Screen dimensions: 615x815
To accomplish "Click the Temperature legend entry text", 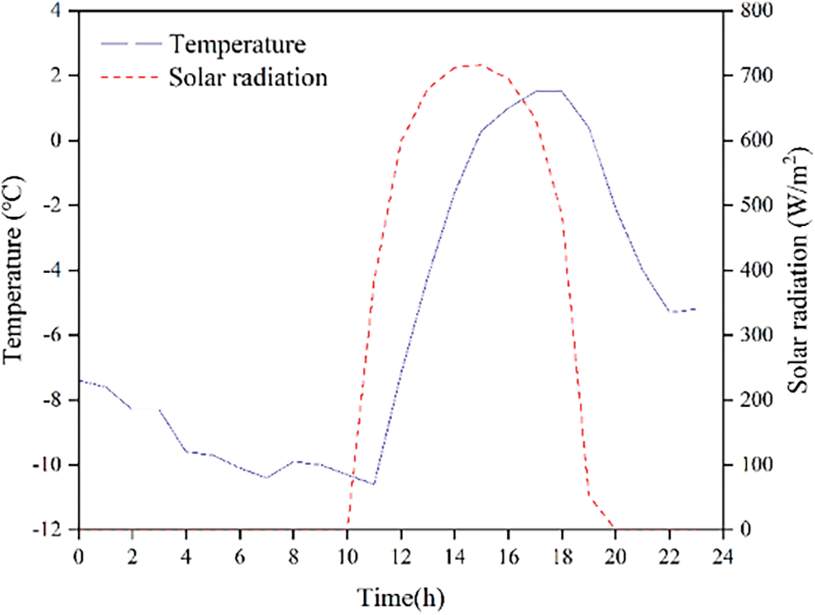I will (238, 42).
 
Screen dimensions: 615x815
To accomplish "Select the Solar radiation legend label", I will (248, 78).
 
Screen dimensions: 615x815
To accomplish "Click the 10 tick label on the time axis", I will (347, 558).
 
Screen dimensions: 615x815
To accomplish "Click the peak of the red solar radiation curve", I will (481, 64).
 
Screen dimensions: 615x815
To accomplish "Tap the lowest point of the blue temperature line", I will (374, 485).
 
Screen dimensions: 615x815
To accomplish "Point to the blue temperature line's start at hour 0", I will (79, 380).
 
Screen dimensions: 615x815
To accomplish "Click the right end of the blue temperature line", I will (696, 309).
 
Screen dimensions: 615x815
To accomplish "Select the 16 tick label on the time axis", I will (508, 558).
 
